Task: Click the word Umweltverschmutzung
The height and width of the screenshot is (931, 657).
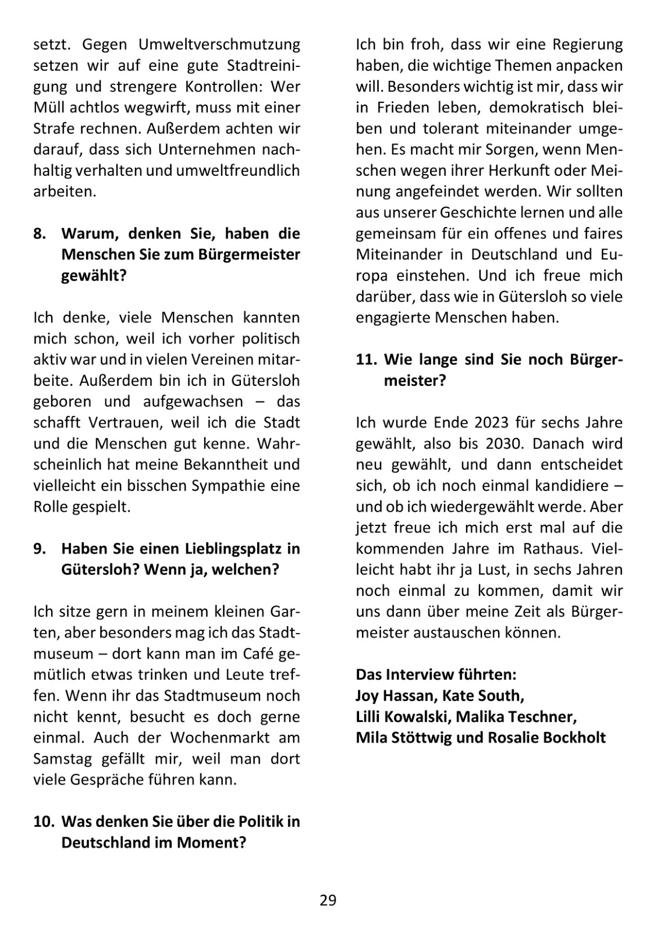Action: click(219, 45)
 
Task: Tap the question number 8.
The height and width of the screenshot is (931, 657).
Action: click(39, 234)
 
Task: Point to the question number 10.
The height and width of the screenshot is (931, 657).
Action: click(42, 822)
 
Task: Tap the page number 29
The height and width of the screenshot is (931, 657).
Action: click(328, 901)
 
